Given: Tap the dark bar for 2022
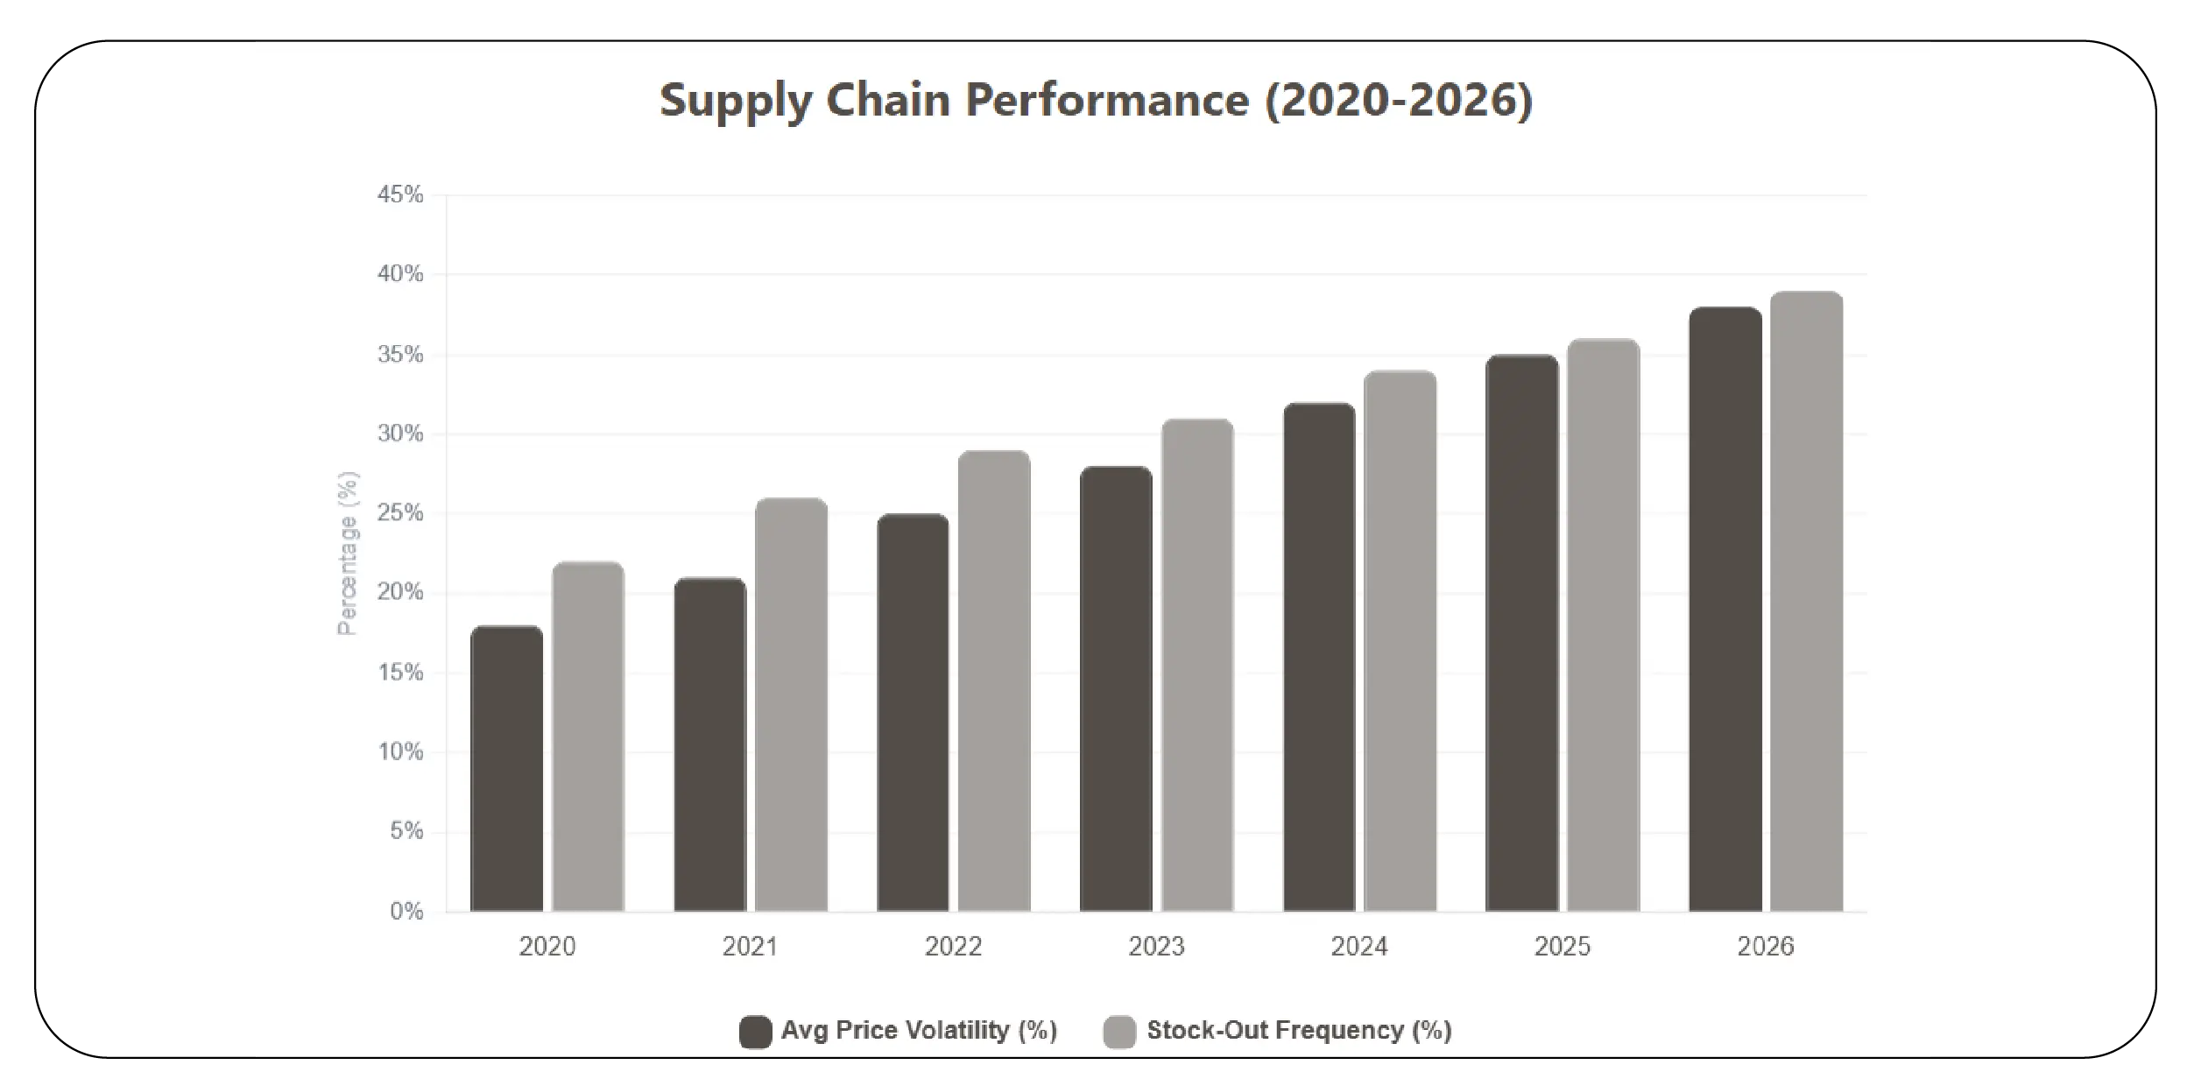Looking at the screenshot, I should (913, 713).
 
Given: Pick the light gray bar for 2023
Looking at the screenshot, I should (1197, 666).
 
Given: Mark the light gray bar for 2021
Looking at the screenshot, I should (791, 705).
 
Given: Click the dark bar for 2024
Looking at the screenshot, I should (1319, 657).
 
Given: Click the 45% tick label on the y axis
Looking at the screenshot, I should (400, 194).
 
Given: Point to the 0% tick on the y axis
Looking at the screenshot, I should (406, 912).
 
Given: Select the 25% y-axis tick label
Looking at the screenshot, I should (400, 513).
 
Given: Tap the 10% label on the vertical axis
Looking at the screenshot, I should (400, 752).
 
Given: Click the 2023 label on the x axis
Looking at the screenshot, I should (1156, 947).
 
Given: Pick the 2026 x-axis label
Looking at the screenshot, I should (1766, 947).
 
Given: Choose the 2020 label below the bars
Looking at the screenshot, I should (547, 947).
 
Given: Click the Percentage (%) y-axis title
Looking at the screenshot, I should (348, 554).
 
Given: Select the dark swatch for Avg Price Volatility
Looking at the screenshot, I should (755, 1032).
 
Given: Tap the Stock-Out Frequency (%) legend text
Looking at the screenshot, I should (1299, 1031).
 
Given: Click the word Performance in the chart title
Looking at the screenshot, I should (1107, 100).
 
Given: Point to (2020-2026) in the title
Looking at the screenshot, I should (1399, 100).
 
